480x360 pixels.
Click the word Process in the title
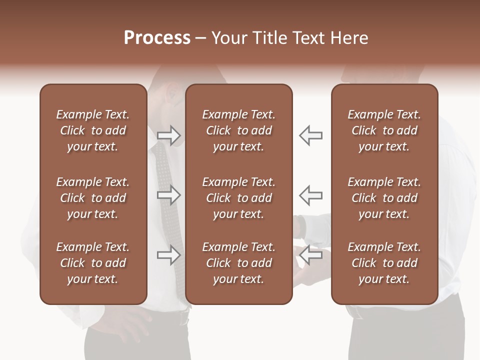(x=157, y=38)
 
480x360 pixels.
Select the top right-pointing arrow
(x=169, y=135)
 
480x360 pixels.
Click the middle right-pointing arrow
(x=169, y=195)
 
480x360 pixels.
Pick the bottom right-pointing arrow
(x=169, y=255)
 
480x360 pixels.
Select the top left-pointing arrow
(x=310, y=135)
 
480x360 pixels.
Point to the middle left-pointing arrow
(x=310, y=195)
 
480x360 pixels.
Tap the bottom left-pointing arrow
(x=310, y=255)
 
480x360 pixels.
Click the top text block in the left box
(x=93, y=130)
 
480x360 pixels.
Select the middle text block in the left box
(x=93, y=198)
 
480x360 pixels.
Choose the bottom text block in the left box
(x=93, y=263)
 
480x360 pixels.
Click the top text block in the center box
(x=238, y=130)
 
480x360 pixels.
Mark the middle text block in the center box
(x=238, y=198)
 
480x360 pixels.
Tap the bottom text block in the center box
(x=238, y=263)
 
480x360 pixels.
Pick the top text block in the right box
(x=384, y=130)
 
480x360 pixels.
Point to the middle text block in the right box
(x=384, y=198)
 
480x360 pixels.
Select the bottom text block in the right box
(x=384, y=263)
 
